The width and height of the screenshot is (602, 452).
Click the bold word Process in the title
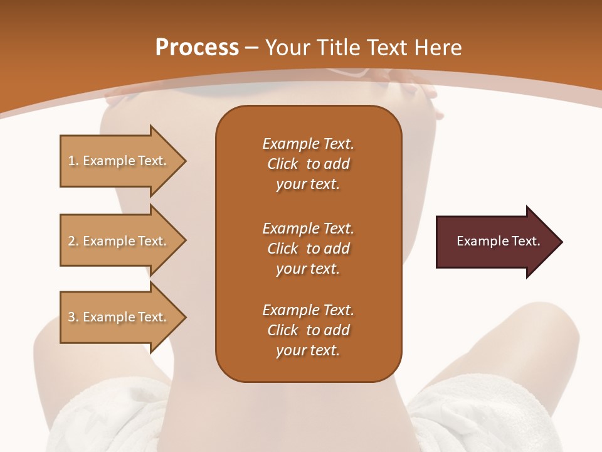click(197, 48)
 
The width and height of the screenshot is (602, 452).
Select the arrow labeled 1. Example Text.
click(119, 161)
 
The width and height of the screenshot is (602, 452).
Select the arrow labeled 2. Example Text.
click(119, 241)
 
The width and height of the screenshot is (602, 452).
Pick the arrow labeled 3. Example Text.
click(119, 317)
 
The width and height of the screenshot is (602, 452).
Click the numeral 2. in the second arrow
click(73, 241)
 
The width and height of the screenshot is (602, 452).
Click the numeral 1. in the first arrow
click(73, 161)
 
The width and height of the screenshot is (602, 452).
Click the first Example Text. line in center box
click(308, 144)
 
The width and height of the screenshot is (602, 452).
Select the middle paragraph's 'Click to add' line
click(308, 249)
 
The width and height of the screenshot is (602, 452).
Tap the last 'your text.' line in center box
click(308, 351)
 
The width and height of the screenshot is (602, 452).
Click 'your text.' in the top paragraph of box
click(308, 185)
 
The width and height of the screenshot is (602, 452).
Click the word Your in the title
click(288, 48)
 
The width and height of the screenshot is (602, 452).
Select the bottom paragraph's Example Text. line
click(308, 310)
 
